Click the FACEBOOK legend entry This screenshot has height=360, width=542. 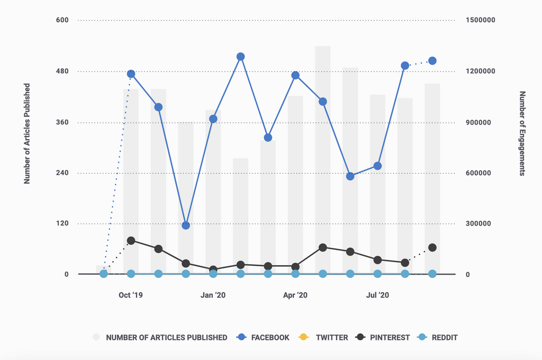(x=264, y=337)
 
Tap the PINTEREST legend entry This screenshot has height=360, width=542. (x=383, y=337)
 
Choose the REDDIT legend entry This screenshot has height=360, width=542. (x=437, y=337)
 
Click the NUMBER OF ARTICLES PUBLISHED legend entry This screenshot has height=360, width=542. (x=160, y=337)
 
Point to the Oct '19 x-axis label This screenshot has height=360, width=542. (x=131, y=295)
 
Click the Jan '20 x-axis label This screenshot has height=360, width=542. (x=213, y=295)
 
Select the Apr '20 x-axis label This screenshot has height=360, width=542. (x=295, y=295)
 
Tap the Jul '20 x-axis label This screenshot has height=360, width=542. (x=377, y=295)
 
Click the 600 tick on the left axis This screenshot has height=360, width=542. (x=62, y=21)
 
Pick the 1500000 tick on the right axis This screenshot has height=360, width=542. (x=480, y=21)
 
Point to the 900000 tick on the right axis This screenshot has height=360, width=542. (x=478, y=122)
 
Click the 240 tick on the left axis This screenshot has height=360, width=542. (x=62, y=173)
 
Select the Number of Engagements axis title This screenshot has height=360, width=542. (x=522, y=133)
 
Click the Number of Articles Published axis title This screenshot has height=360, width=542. (x=27, y=133)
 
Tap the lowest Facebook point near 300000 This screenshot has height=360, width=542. (x=186, y=226)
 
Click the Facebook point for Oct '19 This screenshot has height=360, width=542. (x=131, y=74)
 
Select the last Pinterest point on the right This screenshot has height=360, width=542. (x=432, y=248)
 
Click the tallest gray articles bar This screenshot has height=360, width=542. (x=323, y=159)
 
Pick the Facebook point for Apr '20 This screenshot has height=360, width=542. (x=295, y=75)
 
